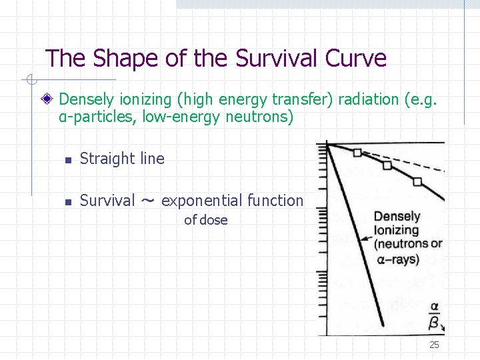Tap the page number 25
click(434, 345)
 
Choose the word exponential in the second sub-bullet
click(202, 201)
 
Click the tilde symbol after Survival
click(149, 201)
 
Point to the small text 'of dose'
click(205, 220)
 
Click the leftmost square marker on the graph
click(357, 153)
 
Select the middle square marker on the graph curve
click(387, 165)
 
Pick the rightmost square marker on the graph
click(417, 181)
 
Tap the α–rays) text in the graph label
click(398, 259)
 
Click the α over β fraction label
click(433, 315)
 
